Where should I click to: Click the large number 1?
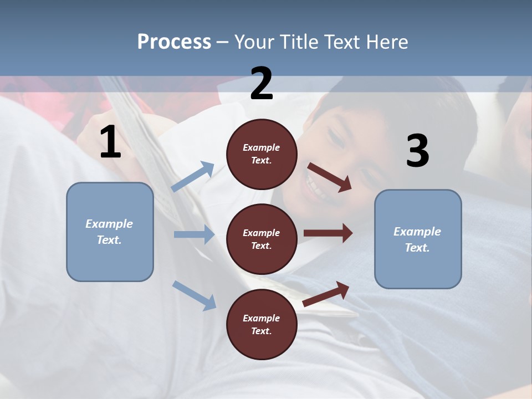coord(110,142)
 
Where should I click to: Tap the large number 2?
coord(261,84)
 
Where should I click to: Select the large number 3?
coord(417,151)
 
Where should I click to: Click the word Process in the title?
coord(174,42)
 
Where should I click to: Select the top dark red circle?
coord(262,154)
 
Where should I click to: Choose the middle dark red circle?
coord(262,239)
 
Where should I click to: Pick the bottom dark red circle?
coord(262,324)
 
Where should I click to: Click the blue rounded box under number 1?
coord(110,232)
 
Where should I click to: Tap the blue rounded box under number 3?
coord(418,239)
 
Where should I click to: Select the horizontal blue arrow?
coord(194,234)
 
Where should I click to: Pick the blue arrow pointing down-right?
coord(195,295)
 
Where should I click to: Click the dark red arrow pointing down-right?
coord(330,177)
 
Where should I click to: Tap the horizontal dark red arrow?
coord(328,233)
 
